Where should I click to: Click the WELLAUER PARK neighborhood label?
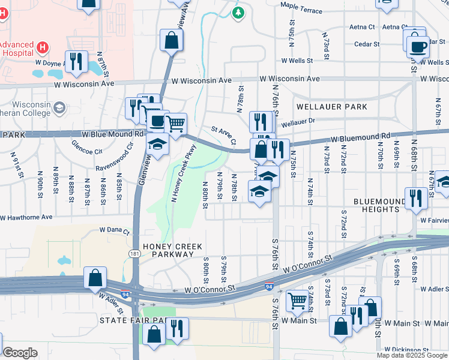click(x=331, y=107)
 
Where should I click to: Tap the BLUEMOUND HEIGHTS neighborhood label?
click(x=381, y=205)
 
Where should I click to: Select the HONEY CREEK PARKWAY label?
click(x=169, y=250)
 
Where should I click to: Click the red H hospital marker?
click(x=42, y=46)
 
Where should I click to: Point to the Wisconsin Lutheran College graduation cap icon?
click(x=59, y=107)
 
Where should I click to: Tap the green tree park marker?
click(x=238, y=13)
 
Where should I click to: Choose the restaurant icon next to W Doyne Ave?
click(x=76, y=61)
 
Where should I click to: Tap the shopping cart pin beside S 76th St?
click(x=298, y=299)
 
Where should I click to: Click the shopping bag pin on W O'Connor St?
click(x=95, y=278)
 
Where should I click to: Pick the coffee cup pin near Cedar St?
click(x=418, y=46)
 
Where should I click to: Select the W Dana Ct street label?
click(x=114, y=229)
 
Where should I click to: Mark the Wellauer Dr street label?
click(x=298, y=122)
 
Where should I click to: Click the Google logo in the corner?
click(x=20, y=353)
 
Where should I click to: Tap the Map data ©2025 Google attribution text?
click(x=411, y=355)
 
